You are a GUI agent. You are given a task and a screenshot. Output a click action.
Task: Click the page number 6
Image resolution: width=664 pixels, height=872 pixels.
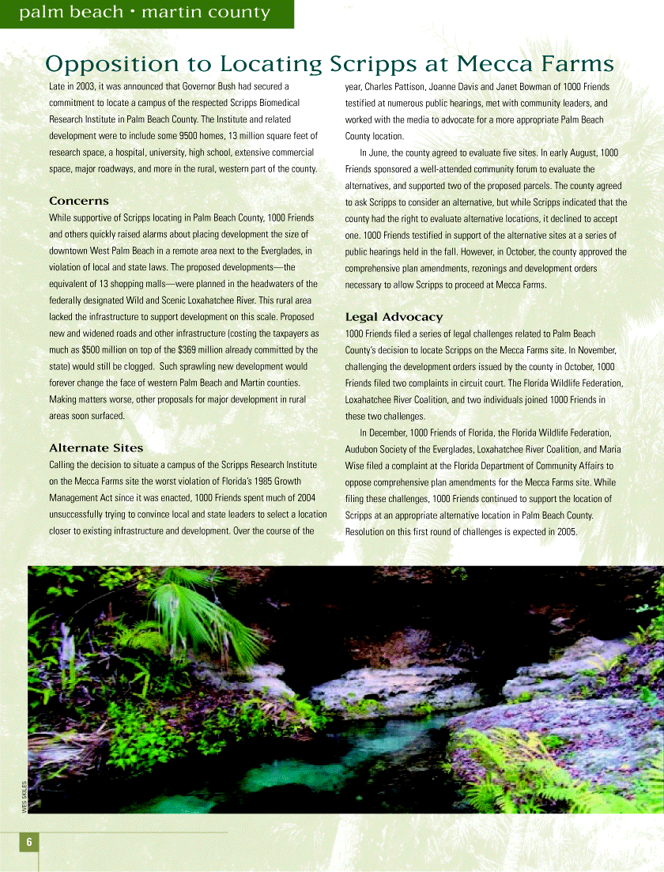click(x=28, y=842)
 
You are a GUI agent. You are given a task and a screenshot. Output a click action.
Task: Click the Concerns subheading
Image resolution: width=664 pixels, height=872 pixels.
click(x=79, y=201)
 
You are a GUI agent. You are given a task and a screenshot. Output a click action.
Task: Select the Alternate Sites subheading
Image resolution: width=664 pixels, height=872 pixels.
click(x=96, y=447)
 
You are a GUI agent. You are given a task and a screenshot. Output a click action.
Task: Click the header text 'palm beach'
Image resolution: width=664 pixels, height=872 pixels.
click(x=71, y=13)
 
